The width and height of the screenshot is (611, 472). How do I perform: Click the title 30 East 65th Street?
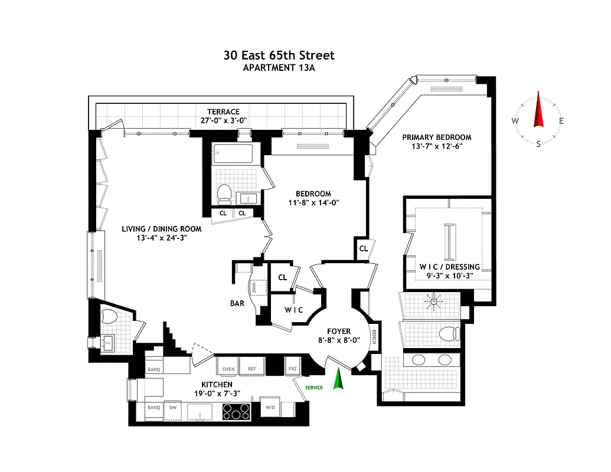pyautogui.click(x=279, y=55)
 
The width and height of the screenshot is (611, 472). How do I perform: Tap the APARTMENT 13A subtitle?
pyautogui.click(x=279, y=68)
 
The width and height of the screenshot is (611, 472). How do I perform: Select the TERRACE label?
pyautogui.click(x=223, y=112)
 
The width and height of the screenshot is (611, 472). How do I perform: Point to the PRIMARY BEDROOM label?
pyautogui.click(x=437, y=137)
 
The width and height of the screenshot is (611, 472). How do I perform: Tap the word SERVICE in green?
pyautogui.click(x=313, y=388)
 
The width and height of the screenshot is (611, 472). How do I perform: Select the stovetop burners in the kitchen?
pyautogui.click(x=236, y=411)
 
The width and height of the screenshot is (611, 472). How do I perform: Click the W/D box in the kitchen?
pyautogui.click(x=270, y=408)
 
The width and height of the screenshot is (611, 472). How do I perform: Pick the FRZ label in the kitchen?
pyautogui.click(x=292, y=369)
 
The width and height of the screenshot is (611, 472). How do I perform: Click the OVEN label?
pyautogui.click(x=228, y=369)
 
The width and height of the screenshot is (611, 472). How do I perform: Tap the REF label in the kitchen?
pyautogui.click(x=252, y=369)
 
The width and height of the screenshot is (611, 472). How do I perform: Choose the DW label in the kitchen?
pyautogui.click(x=173, y=408)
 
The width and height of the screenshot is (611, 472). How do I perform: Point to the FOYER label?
pyautogui.click(x=339, y=332)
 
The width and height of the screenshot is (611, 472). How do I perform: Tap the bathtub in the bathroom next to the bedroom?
pyautogui.click(x=233, y=154)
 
